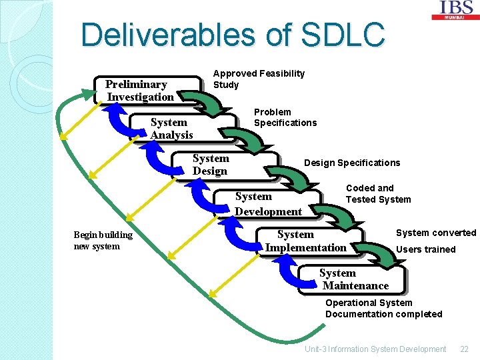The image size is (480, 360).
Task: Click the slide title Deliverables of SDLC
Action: pyautogui.click(x=233, y=35)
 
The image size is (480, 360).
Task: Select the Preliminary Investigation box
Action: pyautogui.click(x=141, y=91)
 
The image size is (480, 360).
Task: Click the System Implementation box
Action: pyautogui.click(x=306, y=241)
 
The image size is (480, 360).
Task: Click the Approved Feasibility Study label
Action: pyautogui.click(x=259, y=79)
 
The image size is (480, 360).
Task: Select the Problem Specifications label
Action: pyautogui.click(x=285, y=117)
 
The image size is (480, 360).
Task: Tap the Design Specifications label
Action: pyautogui.click(x=352, y=163)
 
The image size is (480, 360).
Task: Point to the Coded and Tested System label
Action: pyautogui.click(x=378, y=193)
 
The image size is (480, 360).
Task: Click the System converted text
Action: pyautogui.click(x=436, y=233)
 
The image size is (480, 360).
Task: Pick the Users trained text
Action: pyautogui.click(x=426, y=249)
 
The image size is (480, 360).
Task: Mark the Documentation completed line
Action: pyautogui.click(x=383, y=314)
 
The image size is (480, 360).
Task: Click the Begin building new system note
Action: pyautogui.click(x=103, y=240)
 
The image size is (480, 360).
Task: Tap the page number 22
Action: pyautogui.click(x=465, y=349)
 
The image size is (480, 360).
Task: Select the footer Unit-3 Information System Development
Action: pyautogui.click(x=375, y=349)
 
